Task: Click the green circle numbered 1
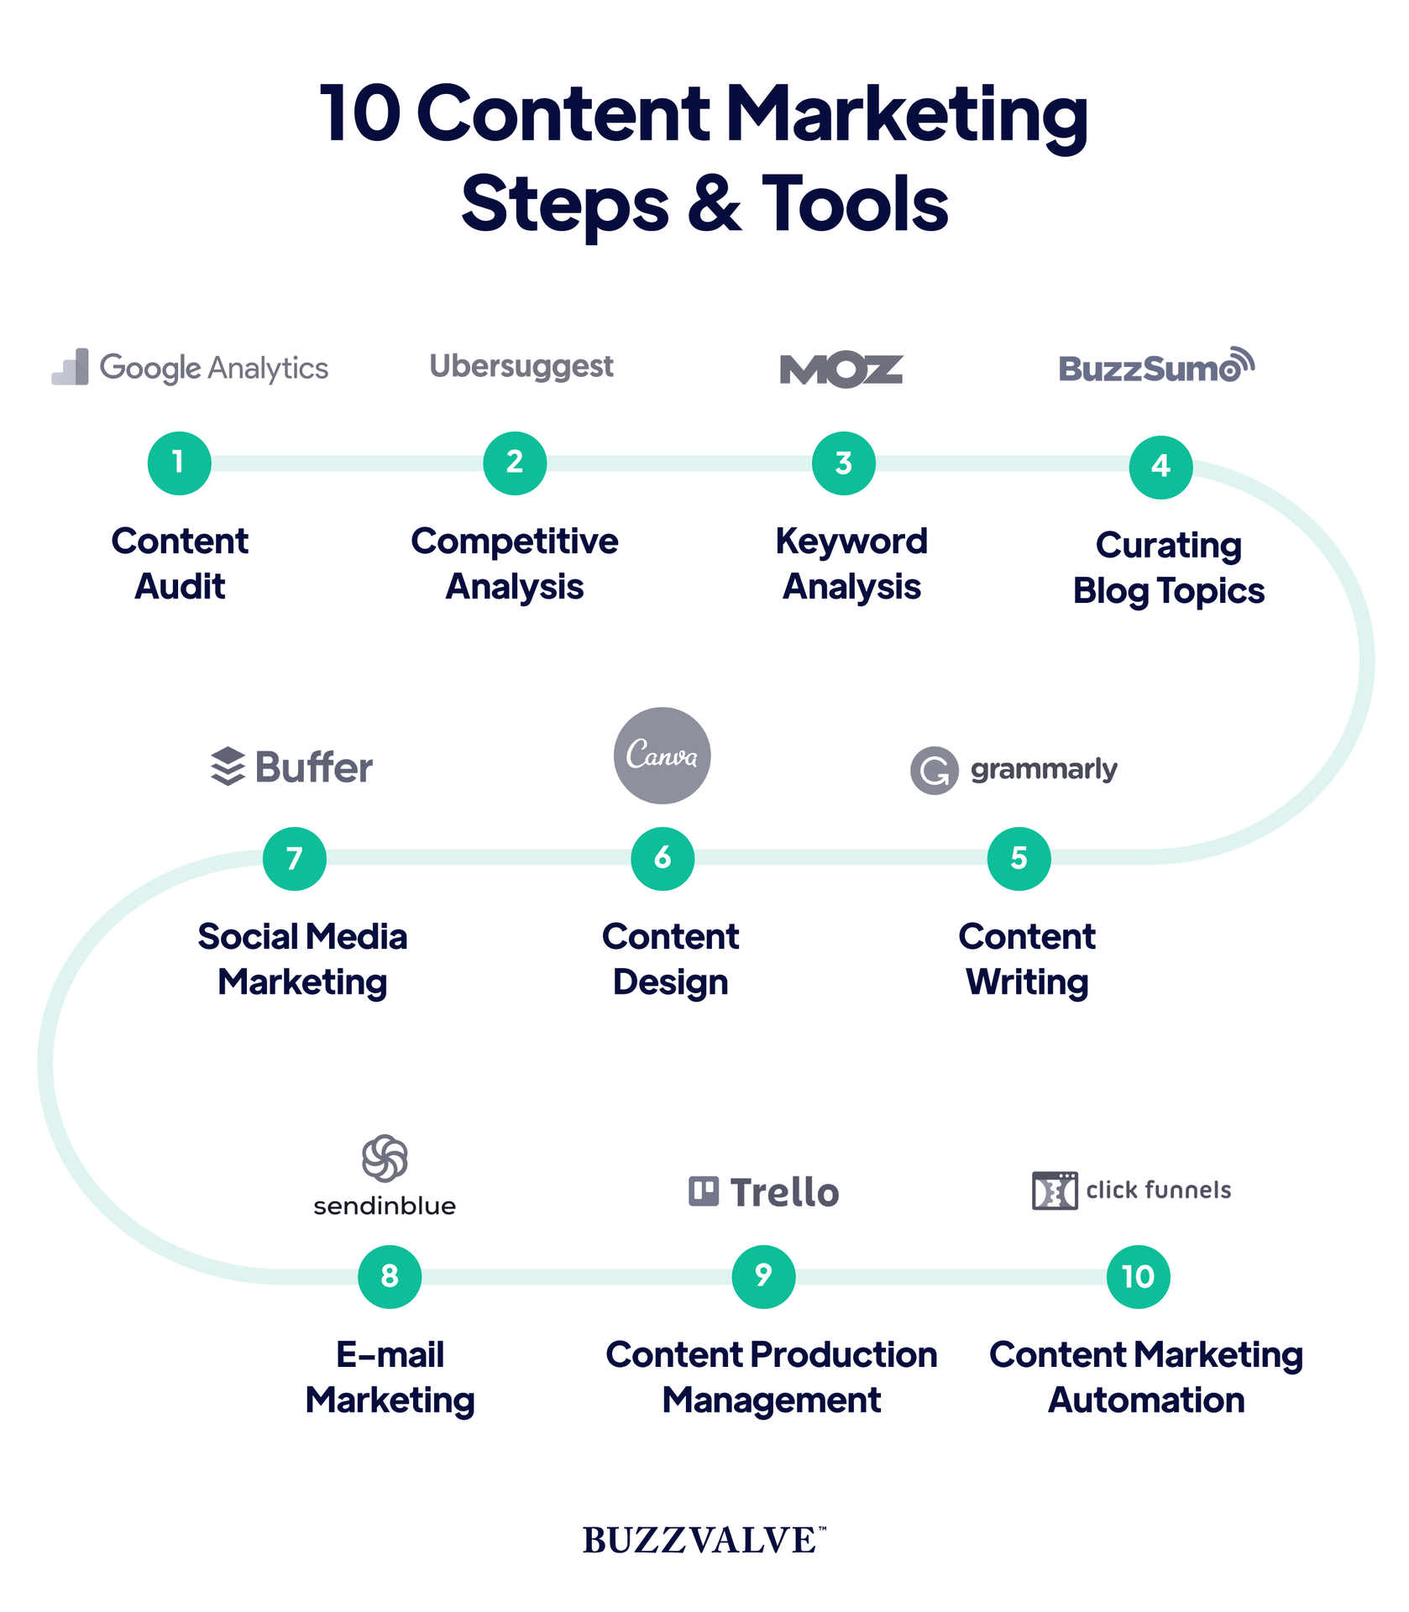click(179, 463)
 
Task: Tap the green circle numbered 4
click(1160, 467)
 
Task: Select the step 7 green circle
click(294, 858)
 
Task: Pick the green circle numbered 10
click(1138, 1276)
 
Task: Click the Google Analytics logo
click(190, 368)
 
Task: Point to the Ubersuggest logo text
click(521, 366)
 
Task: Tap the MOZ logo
click(841, 370)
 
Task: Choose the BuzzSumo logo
click(1156, 367)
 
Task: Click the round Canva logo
click(662, 756)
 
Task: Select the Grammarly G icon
click(934, 770)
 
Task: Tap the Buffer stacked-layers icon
click(228, 767)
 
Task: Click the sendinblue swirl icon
click(385, 1159)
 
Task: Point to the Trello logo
click(763, 1192)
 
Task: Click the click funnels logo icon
click(1055, 1191)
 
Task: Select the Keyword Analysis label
click(851, 563)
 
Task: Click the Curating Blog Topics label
click(1168, 568)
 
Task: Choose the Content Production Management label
click(771, 1377)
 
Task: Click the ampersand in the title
click(715, 204)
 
